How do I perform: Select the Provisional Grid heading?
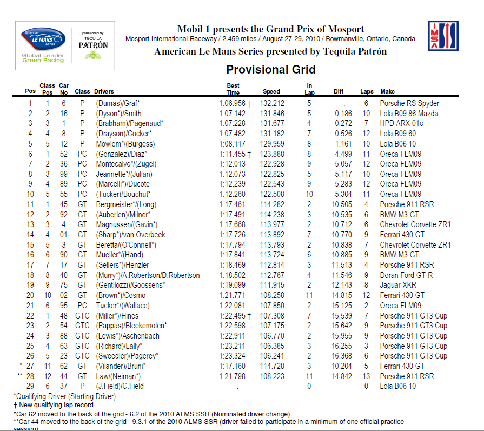click(x=270, y=69)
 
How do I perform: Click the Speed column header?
click(x=271, y=91)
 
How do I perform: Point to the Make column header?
click(x=387, y=91)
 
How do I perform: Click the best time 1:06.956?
click(x=232, y=103)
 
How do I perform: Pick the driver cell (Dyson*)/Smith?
click(x=118, y=114)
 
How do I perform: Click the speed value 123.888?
click(x=272, y=154)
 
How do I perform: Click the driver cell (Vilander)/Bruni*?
click(x=121, y=366)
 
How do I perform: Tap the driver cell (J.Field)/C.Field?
click(x=122, y=386)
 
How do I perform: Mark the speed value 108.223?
click(x=272, y=376)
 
